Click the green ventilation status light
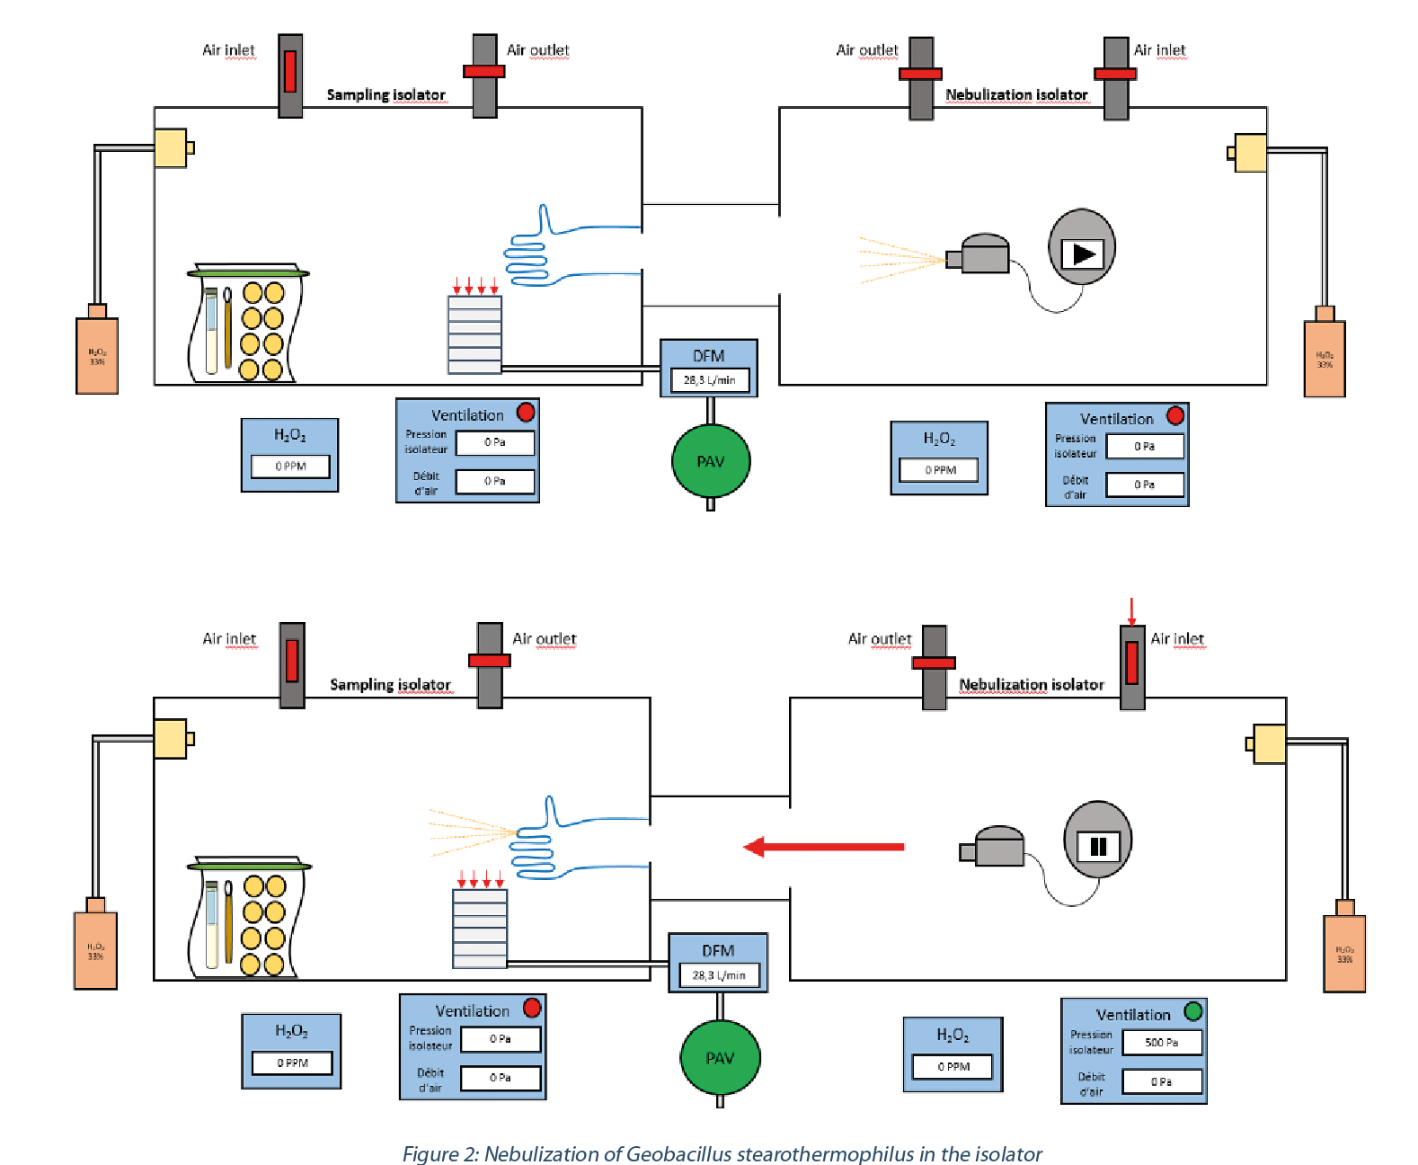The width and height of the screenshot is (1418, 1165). pyautogui.click(x=1192, y=1011)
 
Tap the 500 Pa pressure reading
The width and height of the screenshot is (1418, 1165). pyautogui.click(x=1161, y=1043)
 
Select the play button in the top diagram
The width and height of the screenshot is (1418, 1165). pyautogui.click(x=1082, y=253)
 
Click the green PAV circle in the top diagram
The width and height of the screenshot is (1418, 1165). pyautogui.click(x=710, y=461)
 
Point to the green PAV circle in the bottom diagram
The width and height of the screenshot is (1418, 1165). pyautogui.click(x=720, y=1058)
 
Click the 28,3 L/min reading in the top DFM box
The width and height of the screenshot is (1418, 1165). pyautogui.click(x=709, y=380)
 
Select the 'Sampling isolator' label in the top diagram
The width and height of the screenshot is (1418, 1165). pyautogui.click(x=386, y=94)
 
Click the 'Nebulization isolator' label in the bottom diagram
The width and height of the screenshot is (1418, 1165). pyautogui.click(x=1031, y=685)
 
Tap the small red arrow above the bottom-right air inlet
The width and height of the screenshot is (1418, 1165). pyautogui.click(x=1131, y=611)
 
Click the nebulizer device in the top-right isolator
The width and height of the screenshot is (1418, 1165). pyautogui.click(x=980, y=254)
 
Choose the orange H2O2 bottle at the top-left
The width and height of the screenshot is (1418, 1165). pyautogui.click(x=97, y=352)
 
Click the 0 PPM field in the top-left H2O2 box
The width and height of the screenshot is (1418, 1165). pyautogui.click(x=290, y=467)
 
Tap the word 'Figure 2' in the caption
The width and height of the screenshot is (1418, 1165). pyautogui.click(x=440, y=1153)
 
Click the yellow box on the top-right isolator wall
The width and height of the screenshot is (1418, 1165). pyautogui.click(x=1250, y=153)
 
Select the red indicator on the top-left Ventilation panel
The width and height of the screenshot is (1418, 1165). pyautogui.click(x=526, y=413)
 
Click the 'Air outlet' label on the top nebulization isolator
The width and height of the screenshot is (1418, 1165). pyautogui.click(x=866, y=50)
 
